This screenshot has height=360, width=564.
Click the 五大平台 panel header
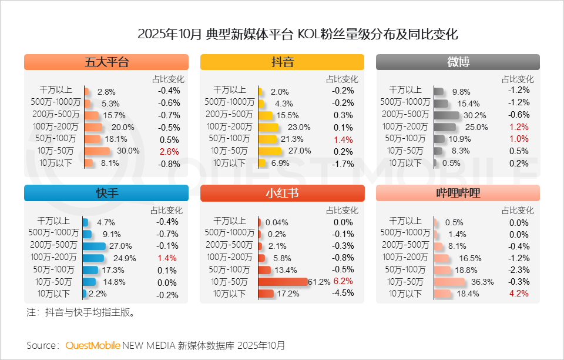point(106,62)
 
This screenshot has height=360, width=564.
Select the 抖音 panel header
point(282,62)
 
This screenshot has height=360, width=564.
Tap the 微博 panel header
point(458,62)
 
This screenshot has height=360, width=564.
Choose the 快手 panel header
point(106,193)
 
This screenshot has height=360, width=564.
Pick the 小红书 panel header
point(282,193)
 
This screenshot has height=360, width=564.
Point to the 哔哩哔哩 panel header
point(458,193)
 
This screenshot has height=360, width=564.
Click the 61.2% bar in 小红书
point(283,282)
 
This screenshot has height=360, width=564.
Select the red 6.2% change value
point(343,282)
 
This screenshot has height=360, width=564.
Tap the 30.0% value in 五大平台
point(128,151)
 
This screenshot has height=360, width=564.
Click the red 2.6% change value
point(169,151)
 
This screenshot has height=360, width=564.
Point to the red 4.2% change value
point(519,294)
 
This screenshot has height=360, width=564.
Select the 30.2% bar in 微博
point(446,115)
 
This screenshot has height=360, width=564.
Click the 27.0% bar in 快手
point(94,246)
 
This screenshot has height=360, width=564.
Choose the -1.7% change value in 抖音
point(343,163)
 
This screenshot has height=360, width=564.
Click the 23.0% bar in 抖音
point(267,127)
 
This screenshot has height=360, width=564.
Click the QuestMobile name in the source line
point(93,345)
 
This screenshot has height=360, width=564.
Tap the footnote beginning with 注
point(81,312)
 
